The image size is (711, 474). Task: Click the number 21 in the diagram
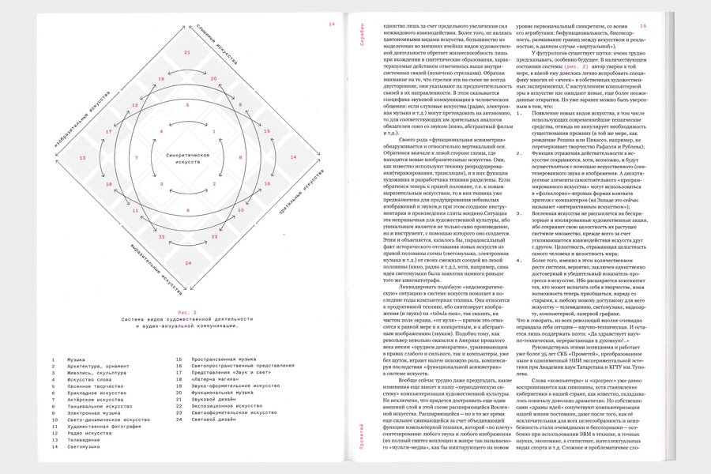187,52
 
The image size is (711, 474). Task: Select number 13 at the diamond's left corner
82,158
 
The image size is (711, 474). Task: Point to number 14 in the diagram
295,158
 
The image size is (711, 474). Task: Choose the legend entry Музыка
76,359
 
